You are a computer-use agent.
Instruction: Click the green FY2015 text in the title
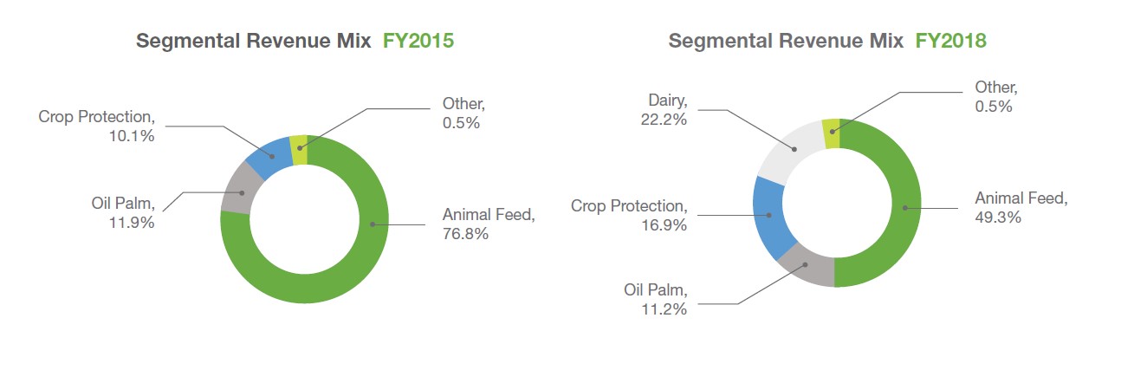point(418,41)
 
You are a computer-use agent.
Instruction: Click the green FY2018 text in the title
point(951,41)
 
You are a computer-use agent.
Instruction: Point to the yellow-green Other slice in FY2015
point(299,149)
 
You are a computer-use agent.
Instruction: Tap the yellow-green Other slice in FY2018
point(832,133)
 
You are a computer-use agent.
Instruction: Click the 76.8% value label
point(466,234)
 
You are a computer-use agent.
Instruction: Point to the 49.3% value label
point(998,217)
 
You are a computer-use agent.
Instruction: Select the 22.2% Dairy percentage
point(663,120)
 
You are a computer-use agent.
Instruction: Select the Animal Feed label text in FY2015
point(488,215)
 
